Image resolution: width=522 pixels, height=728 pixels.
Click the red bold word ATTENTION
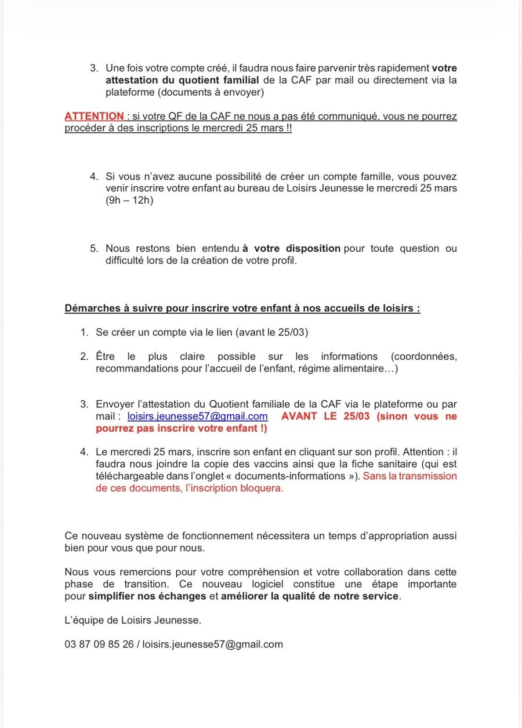click(94, 116)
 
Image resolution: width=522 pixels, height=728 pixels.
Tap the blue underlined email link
click(197, 416)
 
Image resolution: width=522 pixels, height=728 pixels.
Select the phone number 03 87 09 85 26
click(99, 644)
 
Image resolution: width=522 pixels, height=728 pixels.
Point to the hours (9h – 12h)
click(129, 200)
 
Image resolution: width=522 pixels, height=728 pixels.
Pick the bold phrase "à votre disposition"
click(291, 248)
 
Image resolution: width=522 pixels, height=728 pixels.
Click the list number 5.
click(93, 248)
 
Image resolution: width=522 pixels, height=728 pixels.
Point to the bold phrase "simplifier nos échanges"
click(147, 596)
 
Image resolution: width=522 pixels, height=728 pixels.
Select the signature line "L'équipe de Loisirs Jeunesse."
click(133, 620)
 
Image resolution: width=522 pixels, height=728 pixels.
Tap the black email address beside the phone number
click(212, 644)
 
